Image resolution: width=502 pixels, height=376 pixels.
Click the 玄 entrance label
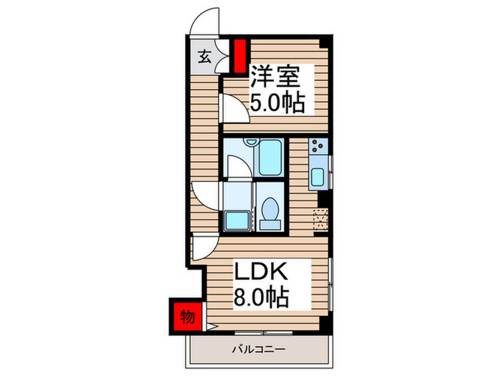coord(204,57)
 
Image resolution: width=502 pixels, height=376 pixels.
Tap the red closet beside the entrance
coord(240,54)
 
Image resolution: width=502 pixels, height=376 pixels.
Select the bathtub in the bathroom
coord(270,159)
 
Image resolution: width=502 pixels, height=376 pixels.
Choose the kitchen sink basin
coord(318,177)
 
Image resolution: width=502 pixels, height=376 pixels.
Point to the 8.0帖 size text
coord(262,296)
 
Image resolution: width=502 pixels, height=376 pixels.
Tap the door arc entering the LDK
coord(200,247)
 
